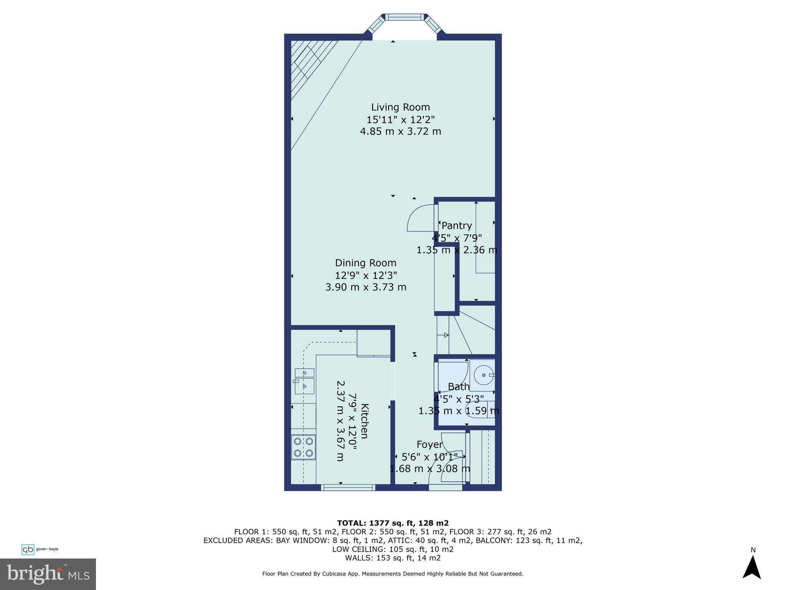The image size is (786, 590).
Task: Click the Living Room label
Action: (400, 107)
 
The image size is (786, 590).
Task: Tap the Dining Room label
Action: (365, 263)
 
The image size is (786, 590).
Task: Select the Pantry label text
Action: (456, 225)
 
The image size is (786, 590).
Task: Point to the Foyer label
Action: (429, 445)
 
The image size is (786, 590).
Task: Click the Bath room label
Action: (459, 386)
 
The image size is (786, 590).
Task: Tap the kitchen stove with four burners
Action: (303, 447)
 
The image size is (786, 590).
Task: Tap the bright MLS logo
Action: (48, 574)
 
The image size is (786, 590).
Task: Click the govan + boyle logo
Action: (40, 549)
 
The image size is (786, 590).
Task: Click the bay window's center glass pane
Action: (405, 17)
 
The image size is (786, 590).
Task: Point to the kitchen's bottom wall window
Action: (348, 487)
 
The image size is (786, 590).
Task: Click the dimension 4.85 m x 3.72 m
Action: (400, 131)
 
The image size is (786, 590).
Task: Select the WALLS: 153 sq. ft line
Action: (392, 558)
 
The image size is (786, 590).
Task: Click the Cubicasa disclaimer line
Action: (392, 574)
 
